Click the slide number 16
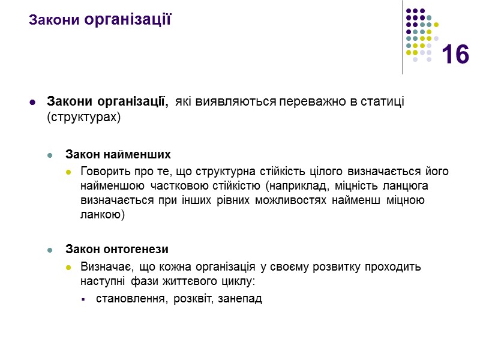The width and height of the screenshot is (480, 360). (455, 55)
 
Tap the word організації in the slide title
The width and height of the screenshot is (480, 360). (128, 19)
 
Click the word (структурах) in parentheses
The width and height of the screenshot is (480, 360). (83, 117)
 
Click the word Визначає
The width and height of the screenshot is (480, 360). (104, 266)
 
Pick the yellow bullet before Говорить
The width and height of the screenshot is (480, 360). (69, 172)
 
